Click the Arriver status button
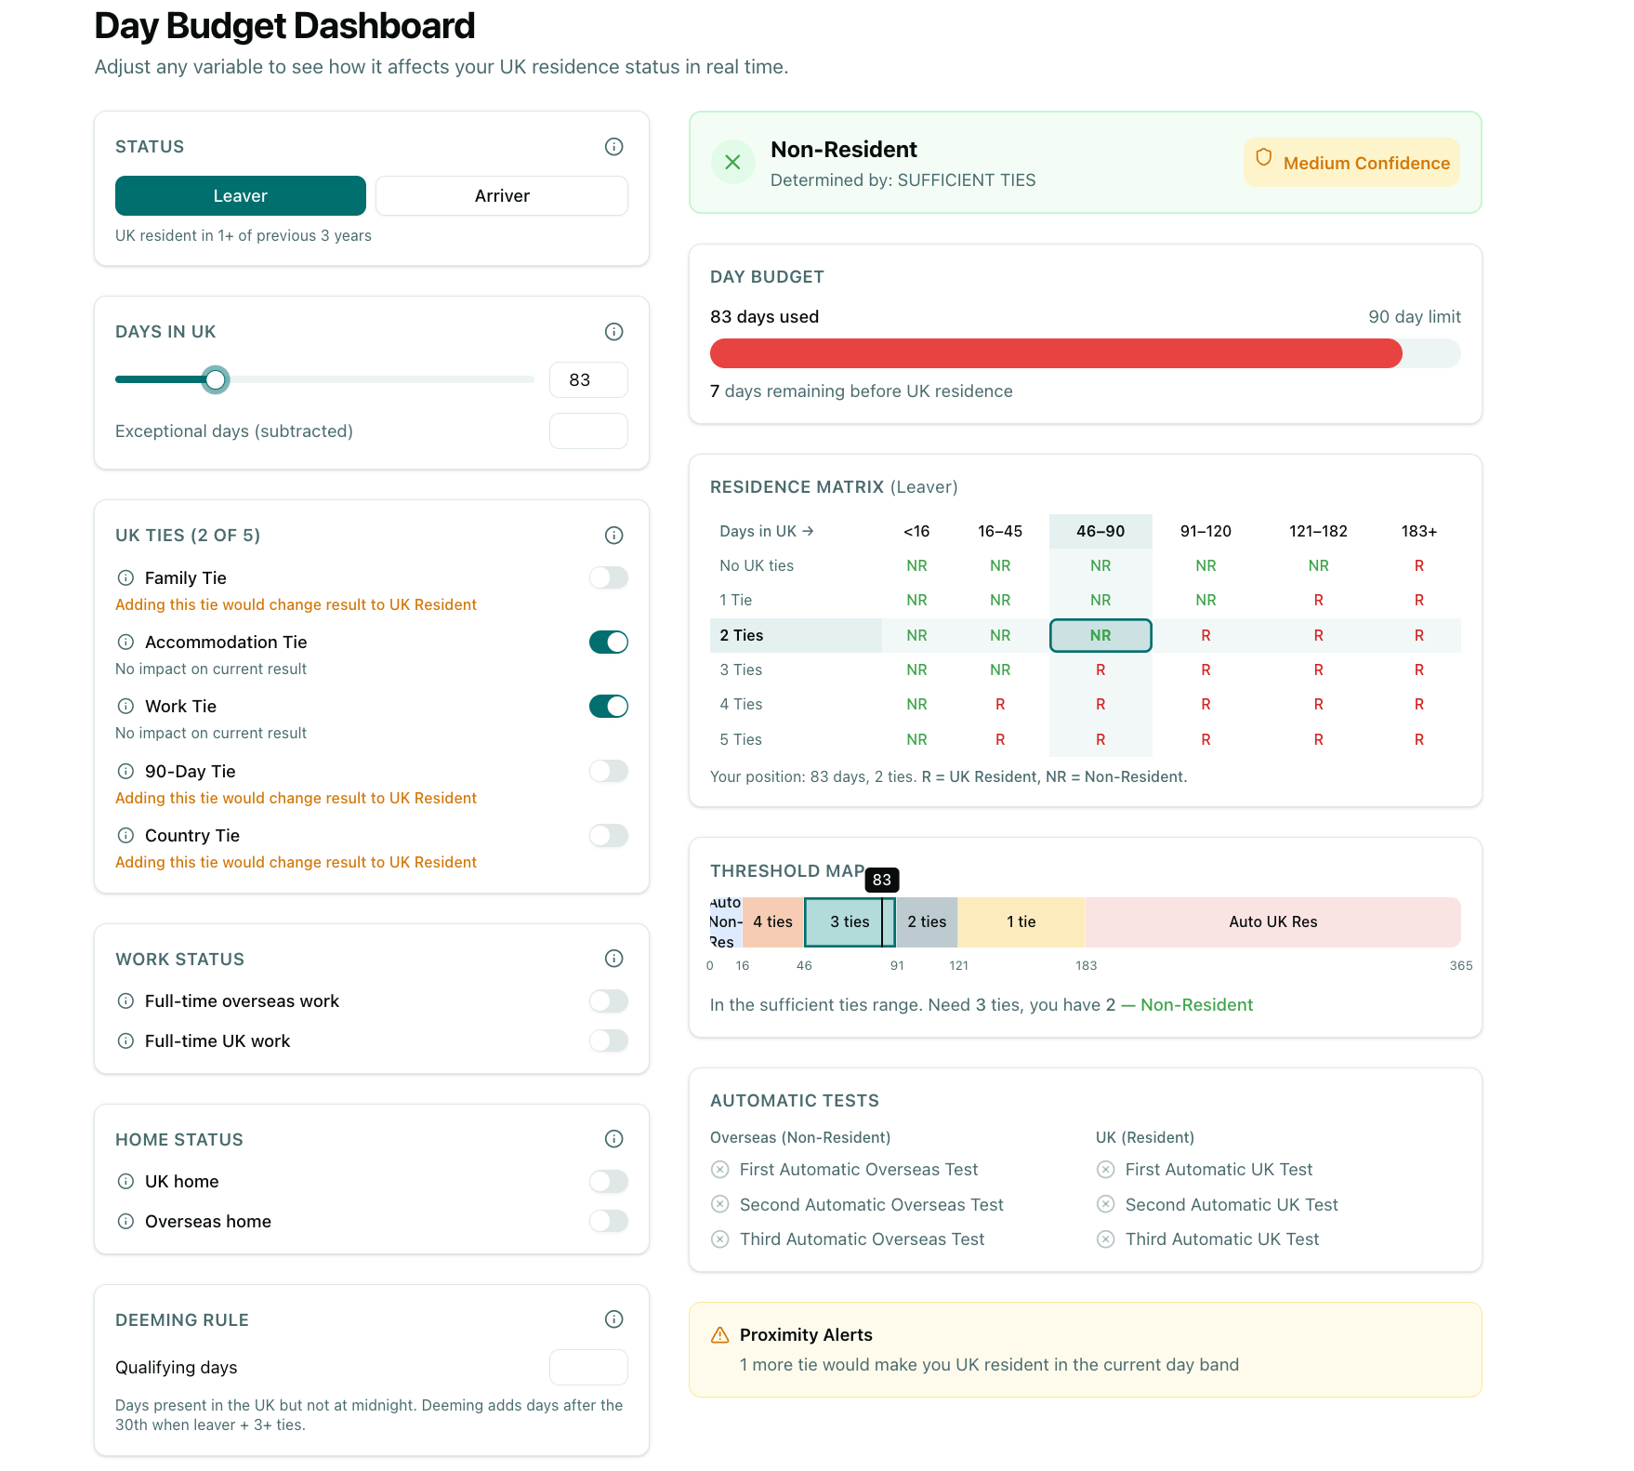pos(501,196)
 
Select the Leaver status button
pos(240,196)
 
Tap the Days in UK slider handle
pos(216,379)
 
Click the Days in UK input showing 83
pos(587,380)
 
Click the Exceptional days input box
pos(587,431)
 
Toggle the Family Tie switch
pos(608,577)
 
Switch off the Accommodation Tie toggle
pos(608,642)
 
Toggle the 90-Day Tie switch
pos(608,771)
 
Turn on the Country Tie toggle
pos(608,835)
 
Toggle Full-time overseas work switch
pos(608,1001)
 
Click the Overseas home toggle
pos(608,1221)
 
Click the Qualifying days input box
pos(587,1367)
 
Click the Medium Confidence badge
pos(1351,163)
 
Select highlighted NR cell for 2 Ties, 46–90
pos(1100,635)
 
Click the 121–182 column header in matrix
pos(1317,531)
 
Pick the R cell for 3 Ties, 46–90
pos(1100,669)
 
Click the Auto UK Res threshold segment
pos(1272,921)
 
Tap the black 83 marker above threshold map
pos(881,880)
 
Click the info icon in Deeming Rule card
pos(613,1319)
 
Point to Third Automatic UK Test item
pos(1220,1239)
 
